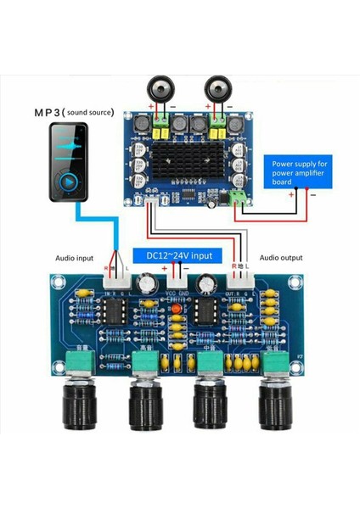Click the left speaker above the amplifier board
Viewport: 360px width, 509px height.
click(x=161, y=88)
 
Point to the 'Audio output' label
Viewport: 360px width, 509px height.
click(x=281, y=258)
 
